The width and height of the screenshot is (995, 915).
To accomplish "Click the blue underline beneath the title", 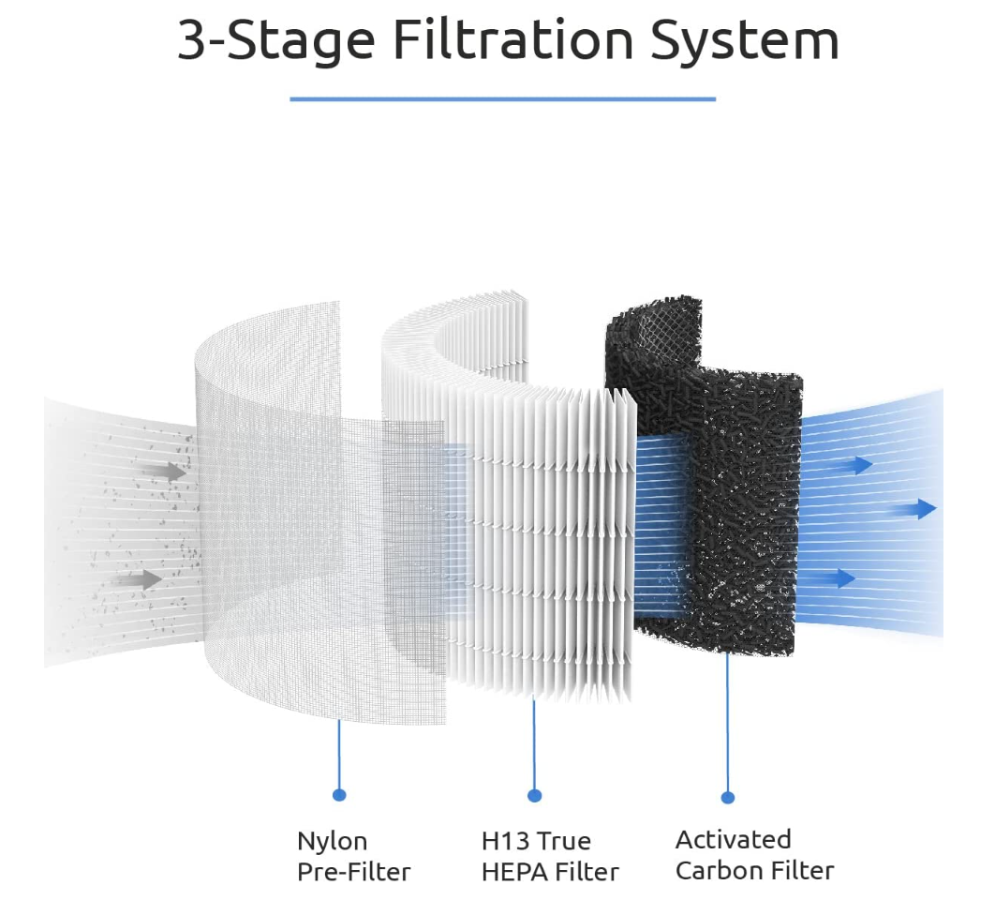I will pyautogui.click(x=502, y=98).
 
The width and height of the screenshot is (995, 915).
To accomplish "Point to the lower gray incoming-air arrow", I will pyautogui.click(x=141, y=580).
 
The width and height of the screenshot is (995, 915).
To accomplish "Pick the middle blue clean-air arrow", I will pyautogui.click(x=914, y=509).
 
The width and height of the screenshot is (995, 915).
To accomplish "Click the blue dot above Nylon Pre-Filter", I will pyautogui.click(x=339, y=795).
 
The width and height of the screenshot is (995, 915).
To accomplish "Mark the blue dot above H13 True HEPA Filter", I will pyautogui.click(x=535, y=796).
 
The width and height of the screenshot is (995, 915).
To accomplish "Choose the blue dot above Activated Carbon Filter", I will pyautogui.click(x=728, y=797).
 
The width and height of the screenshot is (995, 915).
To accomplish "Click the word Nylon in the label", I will pyautogui.click(x=333, y=840).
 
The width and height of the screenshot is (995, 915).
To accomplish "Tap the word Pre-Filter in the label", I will pyautogui.click(x=354, y=872).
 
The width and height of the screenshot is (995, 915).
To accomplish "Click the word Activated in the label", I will pyautogui.click(x=734, y=838).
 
